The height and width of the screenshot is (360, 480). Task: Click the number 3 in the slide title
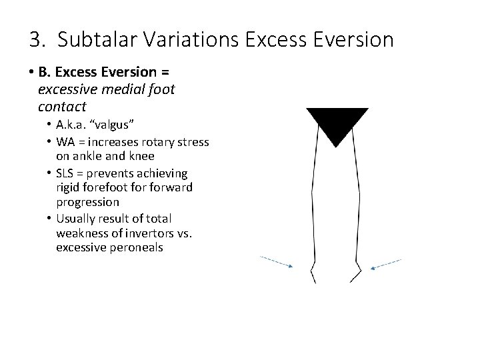[x=35, y=40]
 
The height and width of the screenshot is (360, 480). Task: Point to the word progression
[x=87, y=202]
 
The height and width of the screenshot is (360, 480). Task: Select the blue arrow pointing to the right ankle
[x=386, y=263]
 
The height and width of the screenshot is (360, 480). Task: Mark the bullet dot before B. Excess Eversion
[x=31, y=74]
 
